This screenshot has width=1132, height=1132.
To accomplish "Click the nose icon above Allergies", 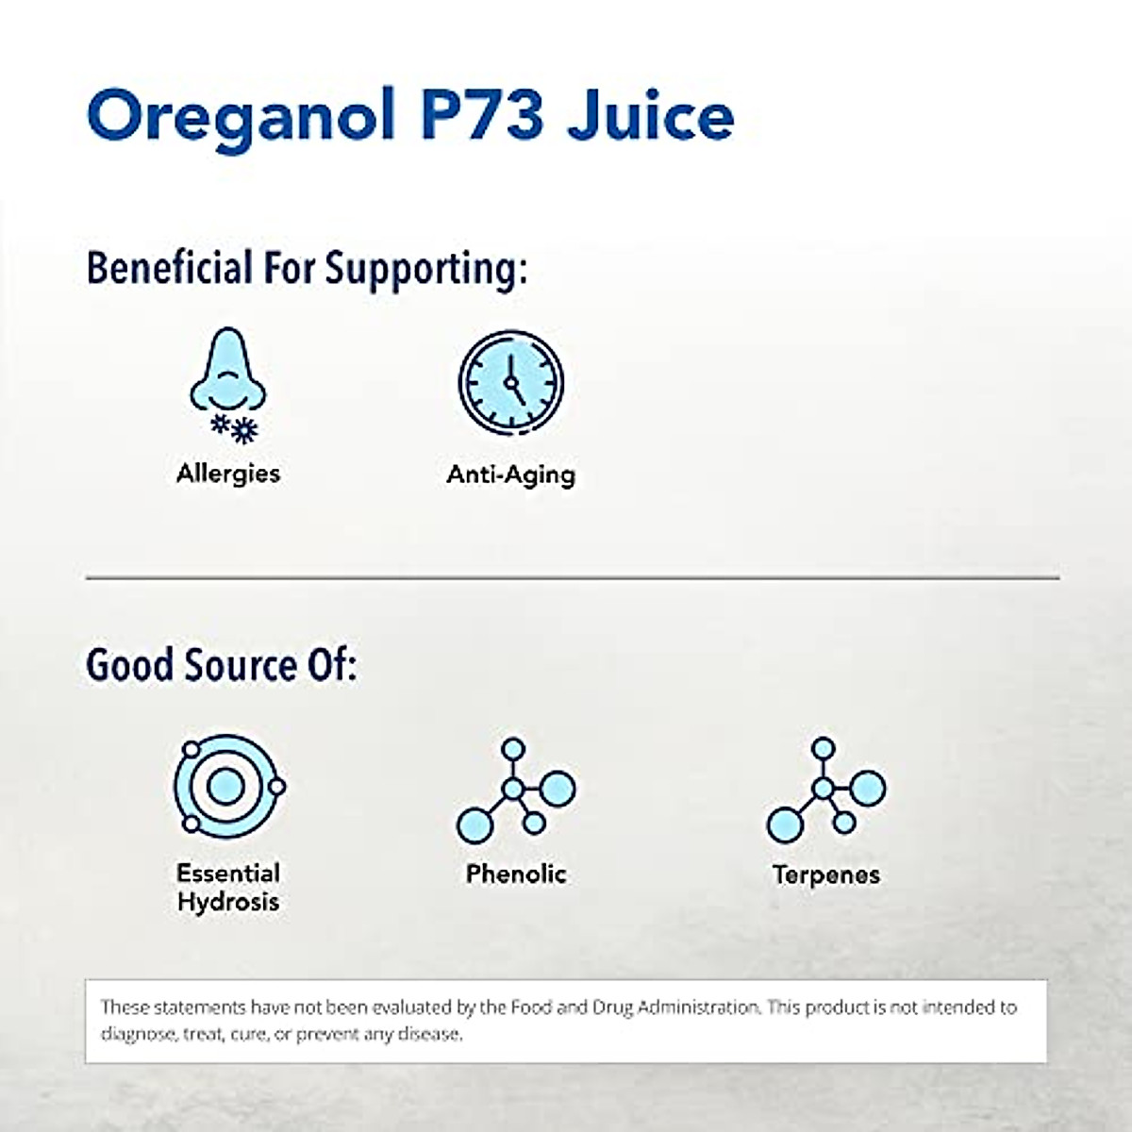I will (x=227, y=373).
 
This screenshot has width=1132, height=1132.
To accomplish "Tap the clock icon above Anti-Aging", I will (x=510, y=383).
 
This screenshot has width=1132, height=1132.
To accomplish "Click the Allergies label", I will (x=228, y=473).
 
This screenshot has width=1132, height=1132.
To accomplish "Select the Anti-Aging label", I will (x=510, y=474).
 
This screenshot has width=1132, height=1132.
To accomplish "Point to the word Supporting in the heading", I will (x=425, y=269).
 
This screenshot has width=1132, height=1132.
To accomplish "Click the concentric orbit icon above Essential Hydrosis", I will (x=226, y=786).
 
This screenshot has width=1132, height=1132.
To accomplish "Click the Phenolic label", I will (x=515, y=874).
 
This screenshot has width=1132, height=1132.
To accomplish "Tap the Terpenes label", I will (x=825, y=874).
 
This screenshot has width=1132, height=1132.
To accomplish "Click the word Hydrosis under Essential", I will (x=227, y=902).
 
